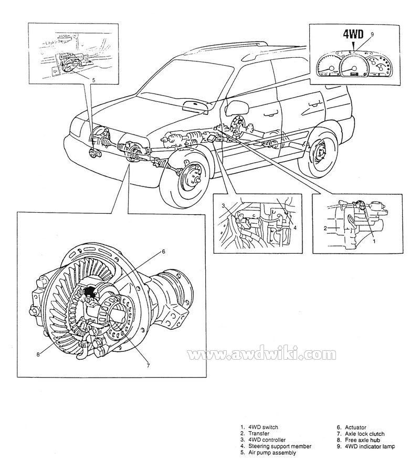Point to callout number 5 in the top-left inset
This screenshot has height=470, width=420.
pos(93,80)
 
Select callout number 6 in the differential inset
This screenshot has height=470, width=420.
pos(163,252)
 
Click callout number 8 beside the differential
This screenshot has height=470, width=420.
pos(38,354)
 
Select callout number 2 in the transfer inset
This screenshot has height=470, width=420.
pos(325,228)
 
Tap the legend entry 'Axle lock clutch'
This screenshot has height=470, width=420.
pos(365,434)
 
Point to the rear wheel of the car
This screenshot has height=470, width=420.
pos(319,154)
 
